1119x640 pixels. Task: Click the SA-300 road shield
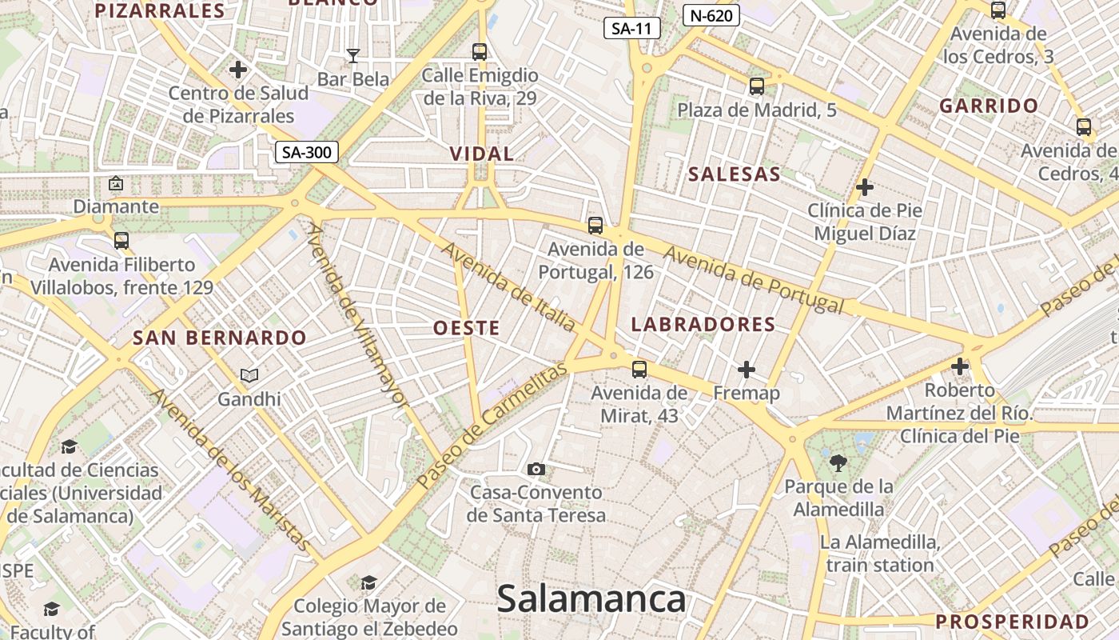(307, 152)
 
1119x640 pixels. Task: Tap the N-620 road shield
(711, 15)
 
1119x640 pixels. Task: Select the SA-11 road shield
(631, 29)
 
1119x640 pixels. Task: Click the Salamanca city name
(591, 599)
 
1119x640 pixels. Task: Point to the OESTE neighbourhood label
(467, 328)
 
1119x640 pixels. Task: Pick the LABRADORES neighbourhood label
(703, 324)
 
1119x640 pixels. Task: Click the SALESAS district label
(735, 174)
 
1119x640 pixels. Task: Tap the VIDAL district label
(481, 154)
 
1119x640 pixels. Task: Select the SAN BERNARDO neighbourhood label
(220, 338)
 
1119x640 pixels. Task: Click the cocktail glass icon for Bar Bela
(352, 55)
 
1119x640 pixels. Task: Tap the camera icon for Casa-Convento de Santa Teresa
(536, 469)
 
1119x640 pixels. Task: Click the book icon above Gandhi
(249, 375)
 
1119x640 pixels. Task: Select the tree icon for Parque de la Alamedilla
(838, 462)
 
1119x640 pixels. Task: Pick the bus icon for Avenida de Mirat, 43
(639, 369)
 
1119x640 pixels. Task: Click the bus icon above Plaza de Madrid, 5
(757, 86)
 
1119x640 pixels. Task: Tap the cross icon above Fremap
(746, 369)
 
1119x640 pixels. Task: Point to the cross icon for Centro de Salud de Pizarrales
(238, 70)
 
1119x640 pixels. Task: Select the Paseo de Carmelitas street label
(491, 424)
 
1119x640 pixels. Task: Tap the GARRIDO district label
(989, 106)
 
